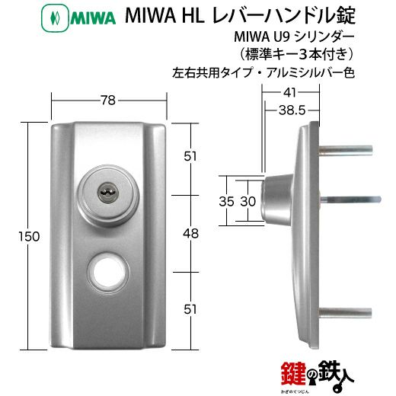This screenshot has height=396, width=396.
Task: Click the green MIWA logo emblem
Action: [55, 18]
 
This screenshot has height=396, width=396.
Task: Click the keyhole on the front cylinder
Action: [106, 195]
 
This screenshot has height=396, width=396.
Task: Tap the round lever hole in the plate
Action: [109, 272]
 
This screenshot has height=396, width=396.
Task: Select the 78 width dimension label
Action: [108, 101]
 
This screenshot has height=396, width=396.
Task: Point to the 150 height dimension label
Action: [29, 237]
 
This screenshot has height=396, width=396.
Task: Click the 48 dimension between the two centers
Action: [191, 234]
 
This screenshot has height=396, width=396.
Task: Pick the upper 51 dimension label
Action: [190, 156]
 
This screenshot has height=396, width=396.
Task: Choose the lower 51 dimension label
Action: [190, 309]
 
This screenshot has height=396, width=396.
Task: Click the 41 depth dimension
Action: [289, 93]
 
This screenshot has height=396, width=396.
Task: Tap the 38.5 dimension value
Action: [292, 110]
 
